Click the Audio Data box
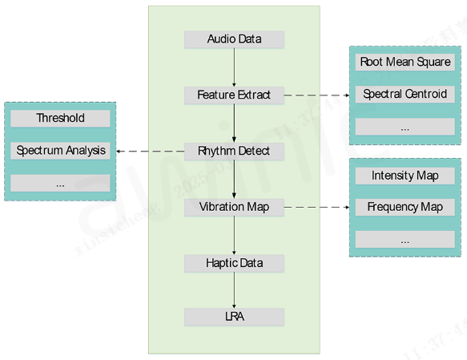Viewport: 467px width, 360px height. click(x=234, y=39)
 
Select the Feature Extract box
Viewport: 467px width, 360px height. click(x=234, y=95)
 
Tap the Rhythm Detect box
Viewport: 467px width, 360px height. click(x=234, y=151)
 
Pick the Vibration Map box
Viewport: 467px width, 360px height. click(x=234, y=207)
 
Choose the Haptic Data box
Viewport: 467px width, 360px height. click(x=234, y=263)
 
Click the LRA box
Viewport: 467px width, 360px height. click(x=234, y=317)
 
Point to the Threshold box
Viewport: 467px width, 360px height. click(x=60, y=119)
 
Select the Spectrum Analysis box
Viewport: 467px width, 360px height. click(x=60, y=151)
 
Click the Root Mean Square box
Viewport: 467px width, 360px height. click(x=405, y=62)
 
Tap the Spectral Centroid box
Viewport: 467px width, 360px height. click(x=405, y=94)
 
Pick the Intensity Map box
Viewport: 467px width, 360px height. click(x=405, y=176)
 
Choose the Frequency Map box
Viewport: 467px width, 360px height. click(x=405, y=207)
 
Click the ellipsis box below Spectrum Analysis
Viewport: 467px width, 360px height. click(x=60, y=183)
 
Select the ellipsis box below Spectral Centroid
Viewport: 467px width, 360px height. click(x=405, y=127)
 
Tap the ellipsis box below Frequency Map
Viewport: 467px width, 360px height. click(x=405, y=239)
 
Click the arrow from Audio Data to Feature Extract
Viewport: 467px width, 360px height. click(x=234, y=67)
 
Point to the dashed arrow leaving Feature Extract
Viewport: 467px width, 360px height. click(x=316, y=95)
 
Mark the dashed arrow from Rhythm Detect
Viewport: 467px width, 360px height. click(x=150, y=152)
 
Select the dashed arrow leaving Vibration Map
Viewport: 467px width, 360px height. click(x=316, y=207)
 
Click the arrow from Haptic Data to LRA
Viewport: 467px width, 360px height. click(x=234, y=290)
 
